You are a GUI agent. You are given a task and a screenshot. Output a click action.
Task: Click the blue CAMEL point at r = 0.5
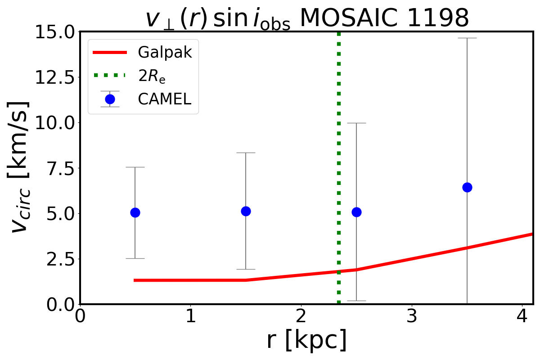pyautogui.click(x=135, y=212)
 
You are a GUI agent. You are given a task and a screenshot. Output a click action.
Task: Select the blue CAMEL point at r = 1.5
pyautogui.click(x=246, y=211)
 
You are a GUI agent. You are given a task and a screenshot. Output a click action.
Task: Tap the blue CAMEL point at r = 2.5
pyautogui.click(x=356, y=212)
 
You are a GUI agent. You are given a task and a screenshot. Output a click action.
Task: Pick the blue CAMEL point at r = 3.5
pyautogui.click(x=467, y=187)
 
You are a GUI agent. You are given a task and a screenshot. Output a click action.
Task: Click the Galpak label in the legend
pyautogui.click(x=165, y=53)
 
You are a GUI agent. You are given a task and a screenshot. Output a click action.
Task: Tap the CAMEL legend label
pyautogui.click(x=165, y=99)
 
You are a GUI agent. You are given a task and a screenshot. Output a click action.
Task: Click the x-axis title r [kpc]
pyautogui.click(x=306, y=341)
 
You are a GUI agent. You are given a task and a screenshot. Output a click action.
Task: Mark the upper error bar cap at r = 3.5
pyautogui.click(x=467, y=38)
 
